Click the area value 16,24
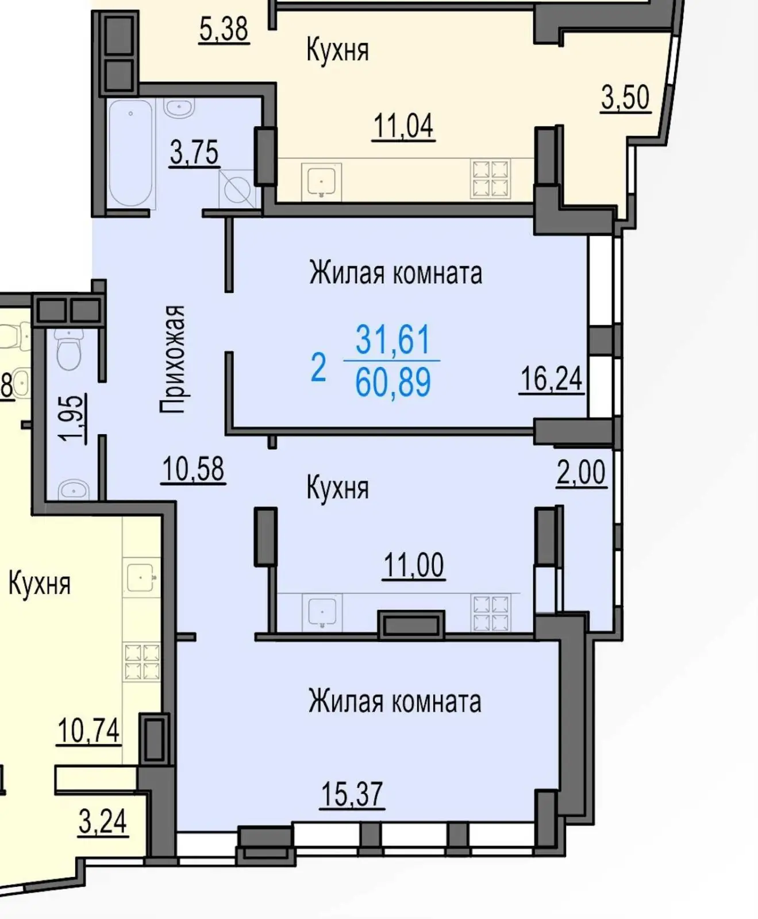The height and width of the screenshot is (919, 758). [x=551, y=379]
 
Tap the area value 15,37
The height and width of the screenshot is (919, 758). [x=352, y=794]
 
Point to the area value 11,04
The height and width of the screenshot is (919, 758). [x=403, y=126]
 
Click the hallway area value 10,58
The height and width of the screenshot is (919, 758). [x=193, y=469]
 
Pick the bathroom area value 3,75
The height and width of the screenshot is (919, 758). [x=194, y=153]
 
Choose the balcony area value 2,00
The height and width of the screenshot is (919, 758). [x=581, y=473]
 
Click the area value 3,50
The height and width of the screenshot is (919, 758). [x=625, y=97]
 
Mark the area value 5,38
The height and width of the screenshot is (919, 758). [x=224, y=29]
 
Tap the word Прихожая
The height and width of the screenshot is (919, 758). [x=173, y=359]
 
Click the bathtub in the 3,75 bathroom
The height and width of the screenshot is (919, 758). [x=131, y=153]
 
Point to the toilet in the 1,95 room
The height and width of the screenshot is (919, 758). [x=70, y=350]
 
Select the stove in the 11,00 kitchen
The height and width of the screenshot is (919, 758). [x=490, y=613]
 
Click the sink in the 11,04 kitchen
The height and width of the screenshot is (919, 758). [x=321, y=180]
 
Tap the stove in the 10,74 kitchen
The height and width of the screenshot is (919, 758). [x=142, y=662]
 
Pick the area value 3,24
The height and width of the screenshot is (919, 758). [x=102, y=821]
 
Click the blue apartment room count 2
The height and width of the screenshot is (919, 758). [x=318, y=368]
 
